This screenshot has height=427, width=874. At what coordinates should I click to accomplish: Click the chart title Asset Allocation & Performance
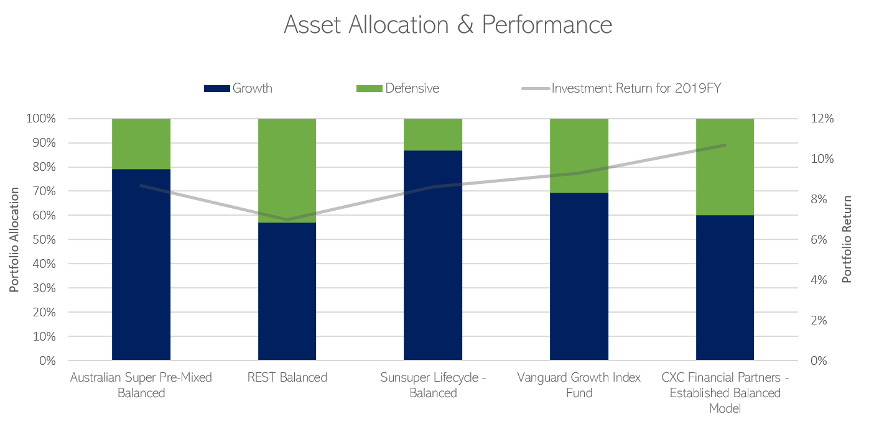click(x=448, y=25)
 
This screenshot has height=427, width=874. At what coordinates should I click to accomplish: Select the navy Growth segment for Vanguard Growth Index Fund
click(x=579, y=277)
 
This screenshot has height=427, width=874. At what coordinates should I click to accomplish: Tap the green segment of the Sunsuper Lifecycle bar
click(x=433, y=134)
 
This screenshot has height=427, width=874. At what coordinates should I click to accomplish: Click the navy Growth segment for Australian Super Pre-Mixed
click(x=141, y=264)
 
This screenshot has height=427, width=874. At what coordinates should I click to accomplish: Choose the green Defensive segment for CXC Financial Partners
click(x=725, y=167)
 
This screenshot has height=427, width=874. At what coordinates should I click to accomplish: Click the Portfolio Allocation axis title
click(x=14, y=239)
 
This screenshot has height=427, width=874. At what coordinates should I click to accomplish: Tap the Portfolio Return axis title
click(x=847, y=239)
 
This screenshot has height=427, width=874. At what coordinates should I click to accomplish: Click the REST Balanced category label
click(x=287, y=378)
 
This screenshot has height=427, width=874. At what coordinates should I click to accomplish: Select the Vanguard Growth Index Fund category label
click(x=579, y=385)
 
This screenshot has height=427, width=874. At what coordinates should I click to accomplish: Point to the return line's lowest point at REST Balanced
click(x=287, y=219)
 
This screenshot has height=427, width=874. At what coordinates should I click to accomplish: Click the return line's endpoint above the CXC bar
click(x=725, y=145)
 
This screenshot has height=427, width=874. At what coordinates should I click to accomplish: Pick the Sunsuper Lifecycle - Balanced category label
click(x=433, y=385)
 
